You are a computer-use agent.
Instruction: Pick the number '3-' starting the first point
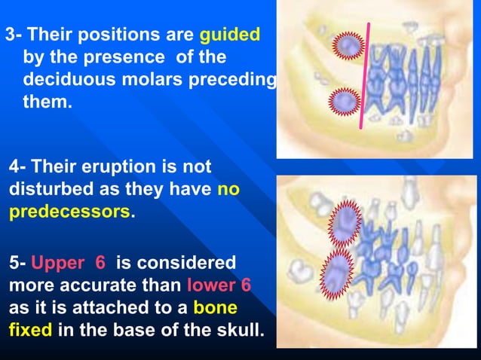(x=14, y=35)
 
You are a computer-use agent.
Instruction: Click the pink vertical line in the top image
(x=365, y=75)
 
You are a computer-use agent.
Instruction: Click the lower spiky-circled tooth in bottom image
(x=338, y=270)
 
